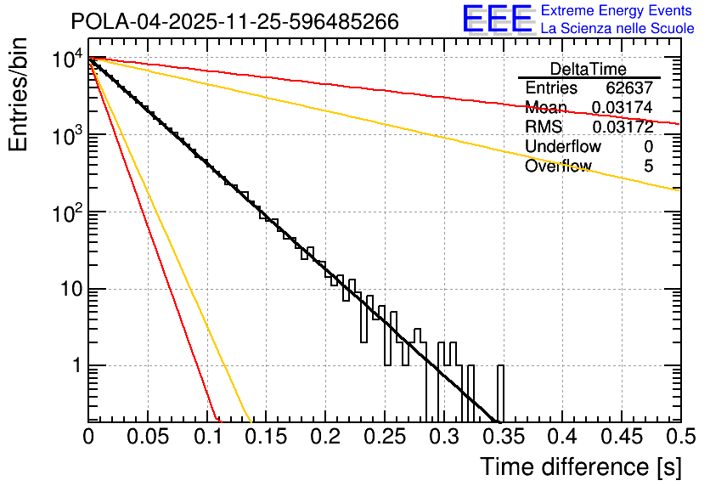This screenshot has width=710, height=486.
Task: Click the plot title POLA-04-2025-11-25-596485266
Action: pyautogui.click(x=234, y=22)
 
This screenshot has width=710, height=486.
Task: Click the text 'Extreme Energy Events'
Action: pyautogui.click(x=617, y=11)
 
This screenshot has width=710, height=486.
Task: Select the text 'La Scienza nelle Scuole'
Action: pyautogui.click(x=617, y=28)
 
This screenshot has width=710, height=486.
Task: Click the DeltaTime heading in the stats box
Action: pyautogui.click(x=589, y=69)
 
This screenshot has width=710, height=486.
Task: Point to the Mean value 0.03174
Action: pyautogui.click(x=623, y=108)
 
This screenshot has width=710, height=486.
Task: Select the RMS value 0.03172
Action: pyautogui.click(x=623, y=127)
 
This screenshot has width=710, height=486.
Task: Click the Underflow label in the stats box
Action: pyautogui.click(x=563, y=147)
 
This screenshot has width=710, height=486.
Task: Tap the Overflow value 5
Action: pyautogui.click(x=649, y=167)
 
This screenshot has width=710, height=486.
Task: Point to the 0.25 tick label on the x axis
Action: pyautogui.click(x=325, y=437)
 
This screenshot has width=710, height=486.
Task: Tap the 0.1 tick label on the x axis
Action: pyautogui.click(x=206, y=437)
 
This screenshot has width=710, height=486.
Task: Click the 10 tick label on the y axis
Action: pyautogui.click(x=66, y=290)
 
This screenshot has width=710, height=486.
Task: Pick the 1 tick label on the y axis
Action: pyautogui.click(x=75, y=366)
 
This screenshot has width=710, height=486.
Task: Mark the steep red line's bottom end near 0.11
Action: pyautogui.click(x=217, y=418)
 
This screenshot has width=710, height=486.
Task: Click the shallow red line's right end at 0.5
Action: pyautogui.click(x=678, y=124)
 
